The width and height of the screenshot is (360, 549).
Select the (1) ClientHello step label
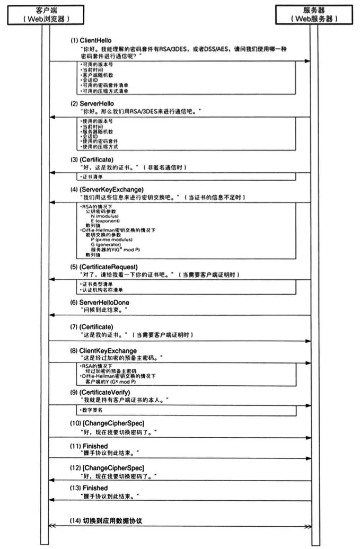click(x=91, y=40)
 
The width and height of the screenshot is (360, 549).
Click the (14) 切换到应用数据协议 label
click(x=106, y=521)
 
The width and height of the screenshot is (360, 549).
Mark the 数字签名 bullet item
click(x=91, y=410)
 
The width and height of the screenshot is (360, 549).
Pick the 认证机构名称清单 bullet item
click(x=101, y=290)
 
